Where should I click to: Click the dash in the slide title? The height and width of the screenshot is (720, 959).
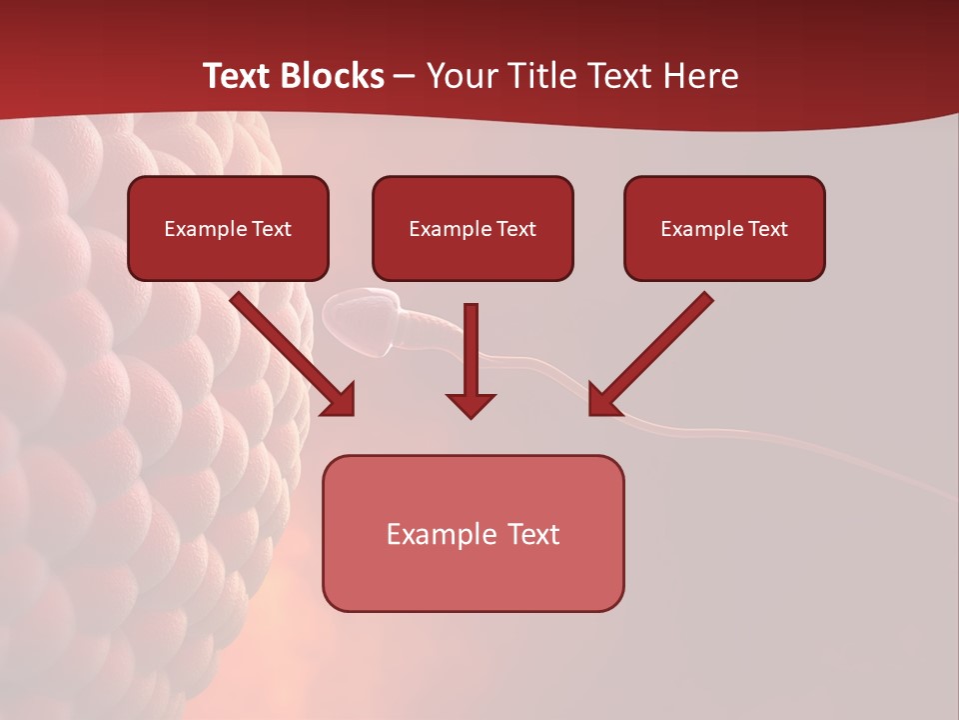[405, 77]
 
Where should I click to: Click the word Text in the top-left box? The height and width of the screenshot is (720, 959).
[272, 229]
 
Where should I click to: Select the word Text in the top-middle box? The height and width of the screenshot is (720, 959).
[516, 229]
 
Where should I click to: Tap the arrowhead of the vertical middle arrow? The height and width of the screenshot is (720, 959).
[471, 405]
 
